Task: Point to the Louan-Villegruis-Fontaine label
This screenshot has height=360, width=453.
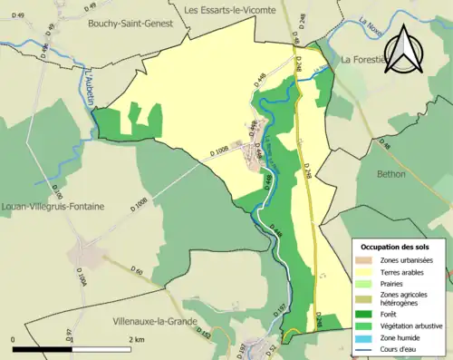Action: tap(53, 207)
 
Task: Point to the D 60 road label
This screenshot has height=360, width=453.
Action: tap(137, 270)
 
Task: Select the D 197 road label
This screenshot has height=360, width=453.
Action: tap(280, 310)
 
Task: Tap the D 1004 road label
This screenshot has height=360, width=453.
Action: tap(82, 278)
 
